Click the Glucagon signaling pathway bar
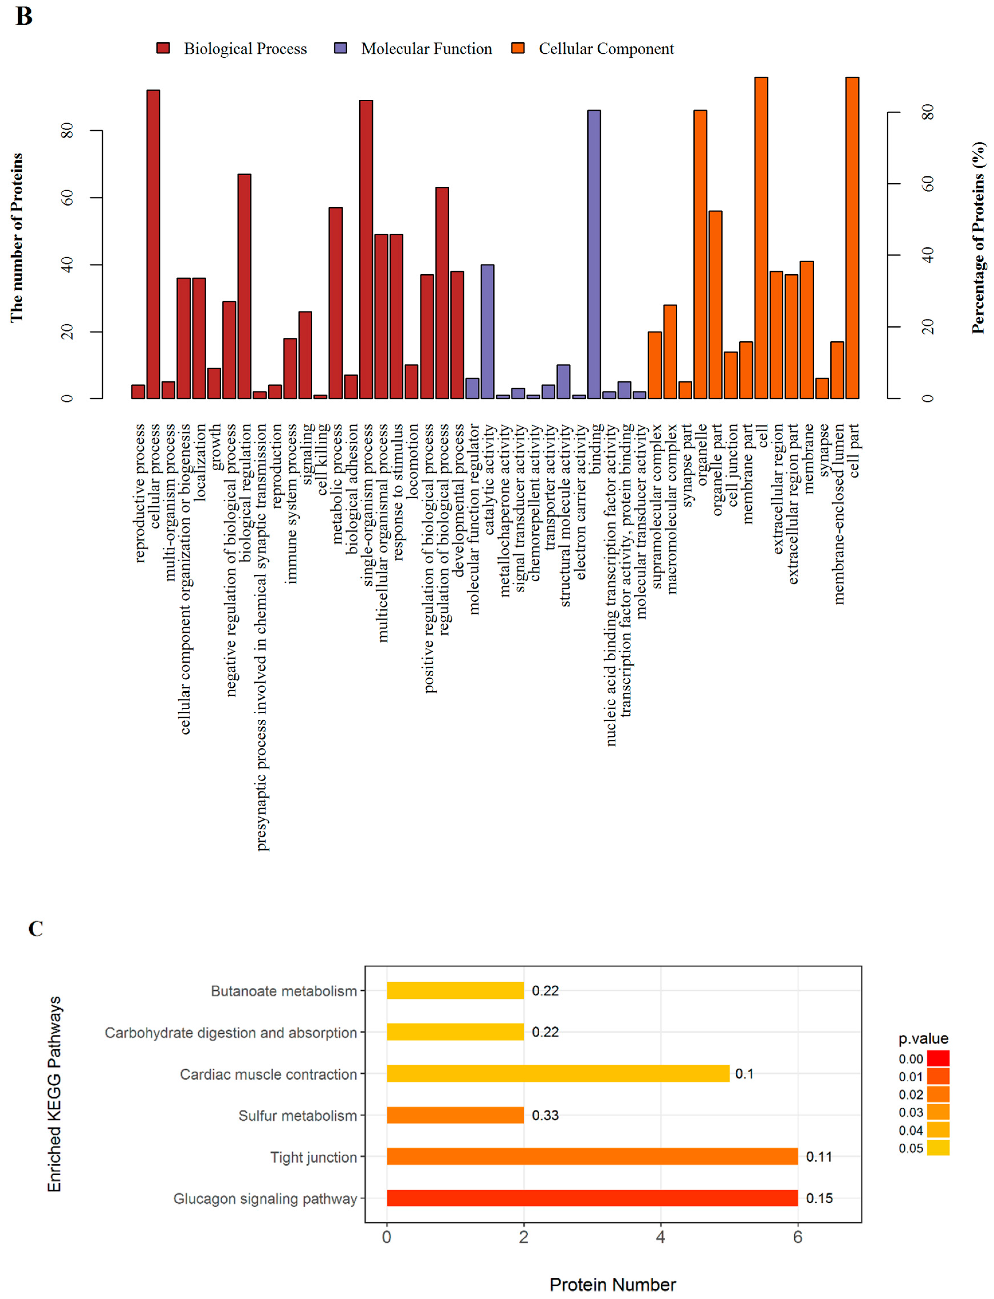(592, 1198)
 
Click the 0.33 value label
(545, 1115)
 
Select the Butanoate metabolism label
(284, 991)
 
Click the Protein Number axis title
(612, 1284)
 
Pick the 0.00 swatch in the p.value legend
(938, 1058)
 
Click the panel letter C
(36, 928)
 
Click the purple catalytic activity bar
(487, 331)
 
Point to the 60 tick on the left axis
(67, 198)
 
